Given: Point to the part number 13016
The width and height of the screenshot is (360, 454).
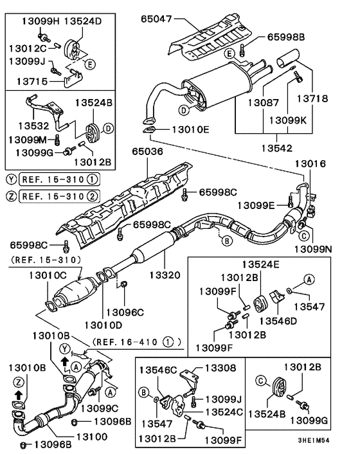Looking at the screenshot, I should click(x=311, y=164).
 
